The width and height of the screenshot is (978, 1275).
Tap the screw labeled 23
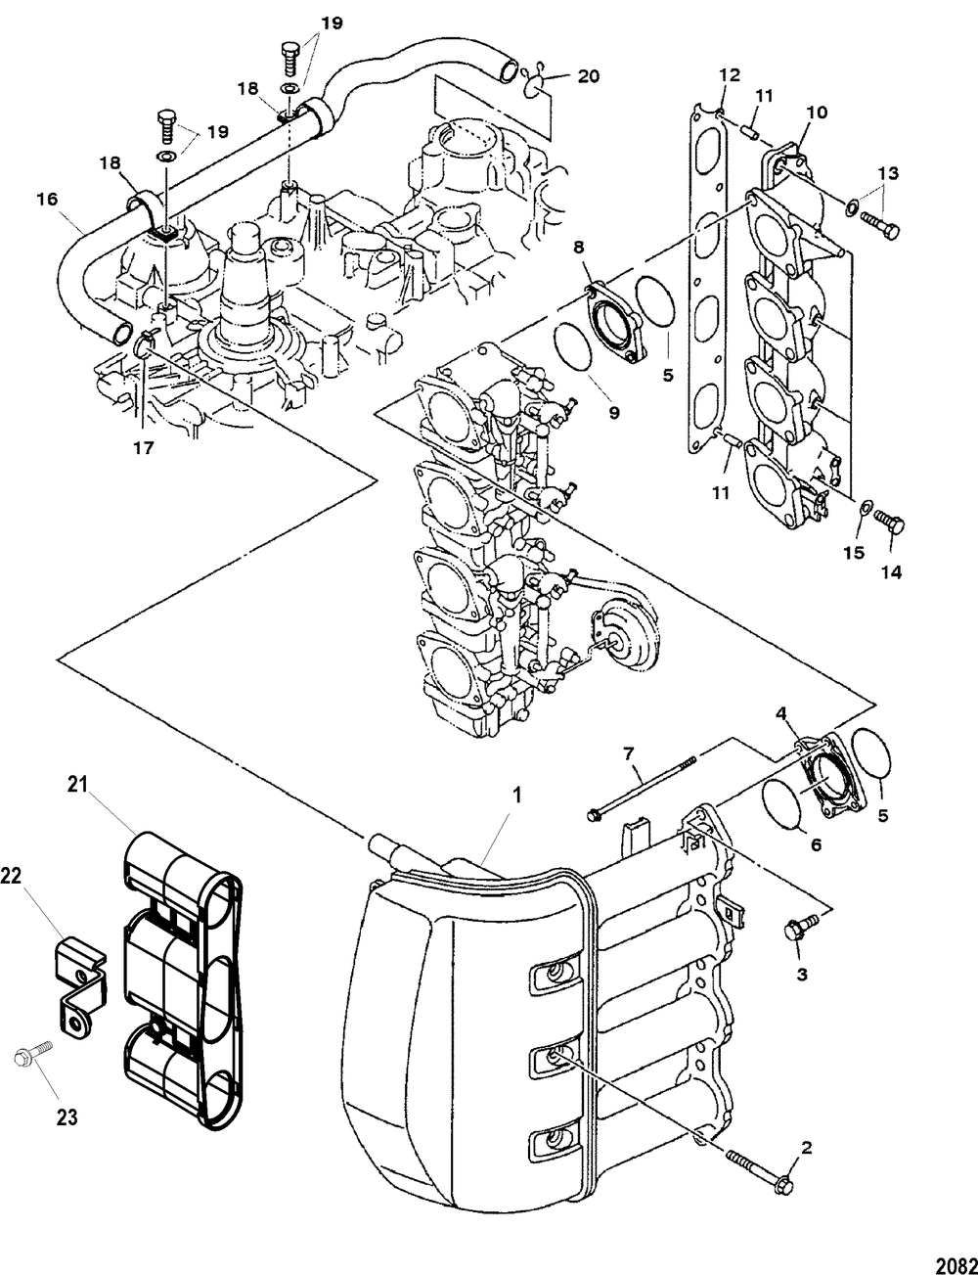coord(25,1059)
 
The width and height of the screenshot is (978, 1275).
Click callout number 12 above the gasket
coord(731,75)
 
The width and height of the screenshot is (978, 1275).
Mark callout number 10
coord(816,113)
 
